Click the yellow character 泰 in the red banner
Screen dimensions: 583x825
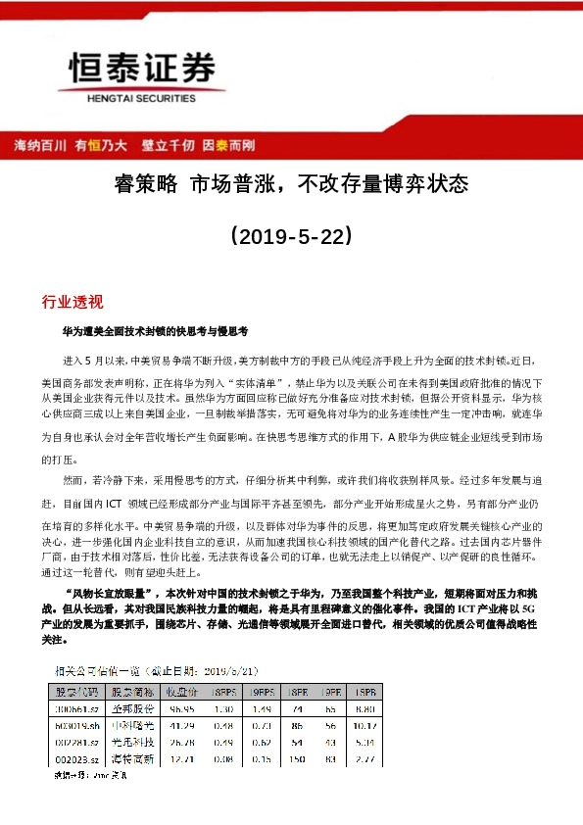pos(222,145)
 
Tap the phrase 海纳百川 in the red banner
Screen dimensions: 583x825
pos(40,145)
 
